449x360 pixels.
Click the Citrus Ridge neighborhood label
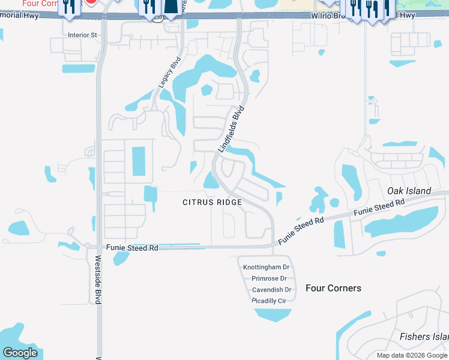[212, 202]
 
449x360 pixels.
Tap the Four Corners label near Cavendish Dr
[333, 288]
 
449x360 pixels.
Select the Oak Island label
[409, 191]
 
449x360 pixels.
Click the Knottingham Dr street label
[266, 267]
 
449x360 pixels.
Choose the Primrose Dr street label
[269, 278]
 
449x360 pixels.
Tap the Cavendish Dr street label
[271, 290]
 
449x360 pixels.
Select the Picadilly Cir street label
[269, 301]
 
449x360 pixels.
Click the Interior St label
[82, 35]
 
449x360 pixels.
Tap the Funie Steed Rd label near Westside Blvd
[132, 247]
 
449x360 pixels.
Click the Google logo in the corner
[20, 352]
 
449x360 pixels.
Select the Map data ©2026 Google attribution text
[412, 355]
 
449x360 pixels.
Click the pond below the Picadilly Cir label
[273, 314]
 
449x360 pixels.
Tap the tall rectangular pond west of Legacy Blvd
[138, 162]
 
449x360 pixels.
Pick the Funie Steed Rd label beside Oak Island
[379, 208]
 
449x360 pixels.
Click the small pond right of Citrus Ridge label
[279, 199]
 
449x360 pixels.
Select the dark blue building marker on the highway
[171, 6]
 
